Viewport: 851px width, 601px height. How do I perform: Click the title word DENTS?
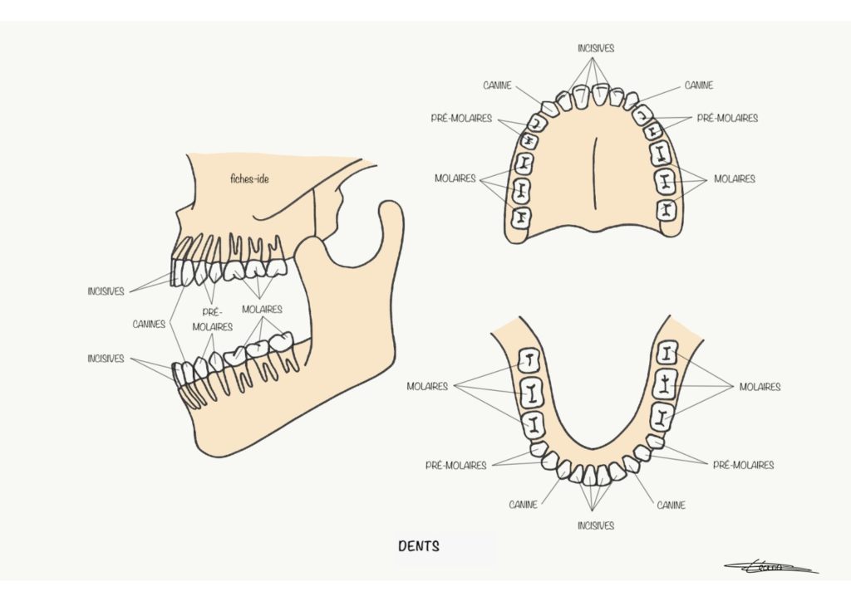coord(419,545)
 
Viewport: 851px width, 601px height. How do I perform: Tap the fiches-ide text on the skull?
coord(249,178)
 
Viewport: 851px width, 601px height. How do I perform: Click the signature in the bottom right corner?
coord(770,567)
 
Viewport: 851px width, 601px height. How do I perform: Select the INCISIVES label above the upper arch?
coord(596,48)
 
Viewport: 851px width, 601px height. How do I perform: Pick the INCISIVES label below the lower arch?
coord(596,525)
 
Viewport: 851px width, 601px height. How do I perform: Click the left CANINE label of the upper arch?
coord(497,86)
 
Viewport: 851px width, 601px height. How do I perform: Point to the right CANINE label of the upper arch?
coord(699,86)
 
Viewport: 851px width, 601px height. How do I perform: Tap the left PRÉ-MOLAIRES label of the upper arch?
coord(461,118)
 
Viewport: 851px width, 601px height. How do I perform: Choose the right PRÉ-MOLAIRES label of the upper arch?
coord(727,118)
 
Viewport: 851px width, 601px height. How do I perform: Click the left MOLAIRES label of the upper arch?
coord(455,178)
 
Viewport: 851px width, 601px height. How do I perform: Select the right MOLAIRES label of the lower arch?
coord(760,387)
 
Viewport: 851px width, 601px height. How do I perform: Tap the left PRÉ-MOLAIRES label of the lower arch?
coord(456,465)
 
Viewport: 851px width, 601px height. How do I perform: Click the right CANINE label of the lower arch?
coord(671,505)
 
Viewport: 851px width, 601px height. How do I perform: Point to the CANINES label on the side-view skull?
coord(149,324)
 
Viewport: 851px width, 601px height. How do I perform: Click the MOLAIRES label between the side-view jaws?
coord(262,310)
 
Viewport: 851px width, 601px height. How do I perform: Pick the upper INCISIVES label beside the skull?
coord(106,291)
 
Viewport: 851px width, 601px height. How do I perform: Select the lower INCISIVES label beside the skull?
coord(106,359)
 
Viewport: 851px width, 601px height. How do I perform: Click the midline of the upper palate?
coord(595,173)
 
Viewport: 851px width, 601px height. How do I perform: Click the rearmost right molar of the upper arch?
coord(667,210)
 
